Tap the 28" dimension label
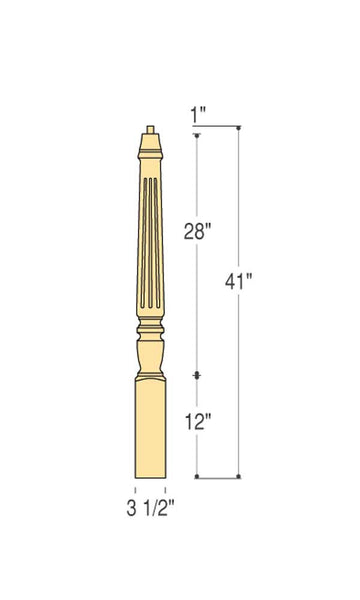199,232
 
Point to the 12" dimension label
198,422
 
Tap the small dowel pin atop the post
150,129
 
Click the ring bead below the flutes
150,327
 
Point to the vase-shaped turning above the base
150,355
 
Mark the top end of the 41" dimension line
239,128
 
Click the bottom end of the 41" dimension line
239,476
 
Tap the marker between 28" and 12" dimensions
198,375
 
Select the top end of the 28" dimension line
198,135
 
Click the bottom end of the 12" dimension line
198,476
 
